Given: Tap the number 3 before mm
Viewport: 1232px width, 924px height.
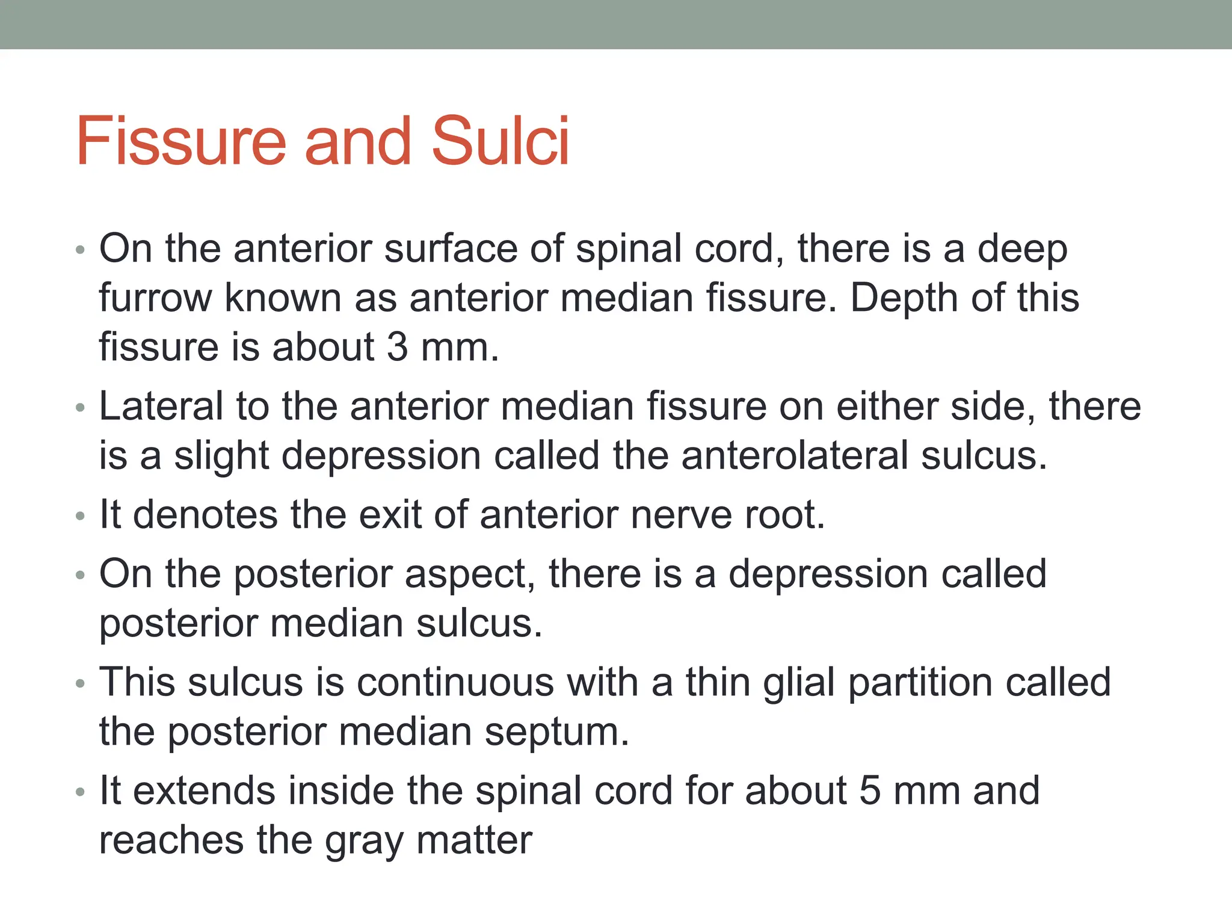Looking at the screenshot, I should click(x=397, y=347).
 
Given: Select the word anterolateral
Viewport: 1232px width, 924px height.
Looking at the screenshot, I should click(x=795, y=455).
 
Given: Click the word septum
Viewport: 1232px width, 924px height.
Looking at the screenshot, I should click(x=556, y=732).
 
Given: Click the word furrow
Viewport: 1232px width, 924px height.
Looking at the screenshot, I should click(x=155, y=298).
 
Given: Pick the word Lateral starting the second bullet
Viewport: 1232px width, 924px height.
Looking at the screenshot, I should click(x=161, y=407).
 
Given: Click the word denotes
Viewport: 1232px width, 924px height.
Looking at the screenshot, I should click(x=205, y=515).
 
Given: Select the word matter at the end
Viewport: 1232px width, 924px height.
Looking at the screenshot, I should click(x=474, y=840).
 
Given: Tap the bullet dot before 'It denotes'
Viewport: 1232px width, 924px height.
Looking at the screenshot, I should click(x=81, y=517).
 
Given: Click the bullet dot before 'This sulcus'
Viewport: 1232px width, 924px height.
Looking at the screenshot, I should click(x=81, y=684).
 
